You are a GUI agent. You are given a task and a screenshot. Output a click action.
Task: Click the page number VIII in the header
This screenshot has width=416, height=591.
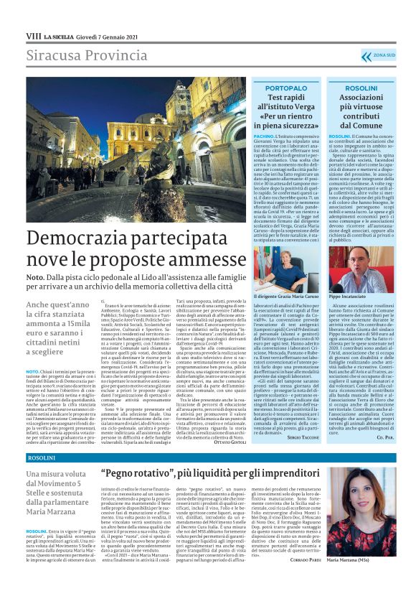(x=33, y=35)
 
